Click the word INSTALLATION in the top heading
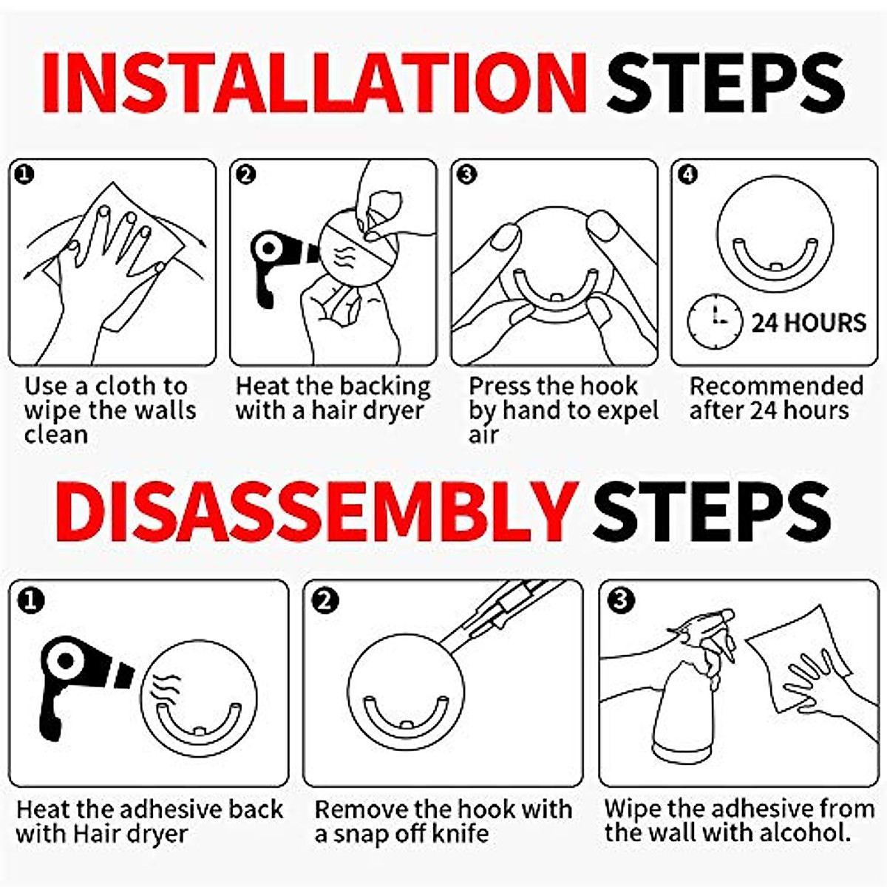314,84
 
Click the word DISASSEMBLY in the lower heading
316,512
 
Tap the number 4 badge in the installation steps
687,175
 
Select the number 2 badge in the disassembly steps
324,600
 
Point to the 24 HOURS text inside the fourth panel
809,323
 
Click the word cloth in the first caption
129,387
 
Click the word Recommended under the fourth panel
776,387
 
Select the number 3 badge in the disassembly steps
620,600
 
